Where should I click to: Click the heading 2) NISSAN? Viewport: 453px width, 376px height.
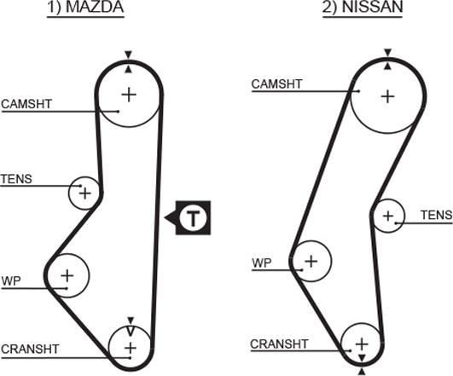tap(375, 9)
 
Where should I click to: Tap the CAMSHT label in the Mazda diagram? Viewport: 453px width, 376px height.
tap(26, 104)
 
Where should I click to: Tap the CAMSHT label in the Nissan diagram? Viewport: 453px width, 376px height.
tap(276, 84)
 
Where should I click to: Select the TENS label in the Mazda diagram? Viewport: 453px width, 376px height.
tap(15, 178)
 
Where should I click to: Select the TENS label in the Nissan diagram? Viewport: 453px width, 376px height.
tap(437, 214)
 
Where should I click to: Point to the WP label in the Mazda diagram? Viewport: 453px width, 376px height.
tap(11, 280)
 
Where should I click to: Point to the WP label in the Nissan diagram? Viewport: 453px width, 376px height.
tap(261, 263)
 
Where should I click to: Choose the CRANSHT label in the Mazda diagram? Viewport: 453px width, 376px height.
tap(30, 349)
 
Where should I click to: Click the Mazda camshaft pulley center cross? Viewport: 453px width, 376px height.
tap(128, 95)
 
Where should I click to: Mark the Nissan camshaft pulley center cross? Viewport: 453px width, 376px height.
tap(387, 96)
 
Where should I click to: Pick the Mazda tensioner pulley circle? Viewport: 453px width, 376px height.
tap(84, 193)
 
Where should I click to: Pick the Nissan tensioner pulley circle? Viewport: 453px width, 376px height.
tap(388, 216)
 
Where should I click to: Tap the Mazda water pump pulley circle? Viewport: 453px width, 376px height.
tap(67, 275)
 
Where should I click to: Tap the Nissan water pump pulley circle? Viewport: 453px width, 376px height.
tap(311, 260)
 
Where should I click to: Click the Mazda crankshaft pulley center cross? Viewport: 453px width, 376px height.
tap(130, 348)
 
